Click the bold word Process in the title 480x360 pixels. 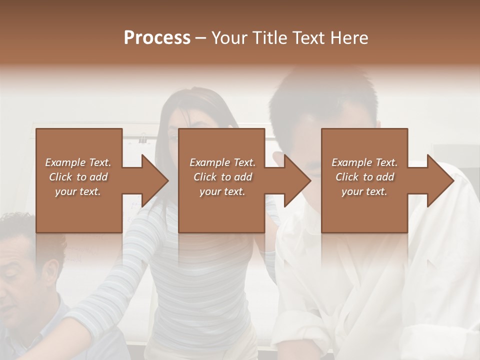(x=157, y=38)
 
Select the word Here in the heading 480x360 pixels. (x=349, y=38)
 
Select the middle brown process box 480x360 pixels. (x=221, y=210)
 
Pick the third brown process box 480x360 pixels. (x=364, y=210)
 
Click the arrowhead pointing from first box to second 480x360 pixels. (x=154, y=180)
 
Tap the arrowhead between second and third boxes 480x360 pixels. (x=297, y=180)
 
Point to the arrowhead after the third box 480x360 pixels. (x=440, y=180)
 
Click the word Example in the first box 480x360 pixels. (x=65, y=162)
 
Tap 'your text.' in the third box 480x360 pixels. (x=364, y=191)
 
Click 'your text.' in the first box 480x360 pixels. (x=78, y=191)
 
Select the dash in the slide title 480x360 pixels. (x=200, y=38)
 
